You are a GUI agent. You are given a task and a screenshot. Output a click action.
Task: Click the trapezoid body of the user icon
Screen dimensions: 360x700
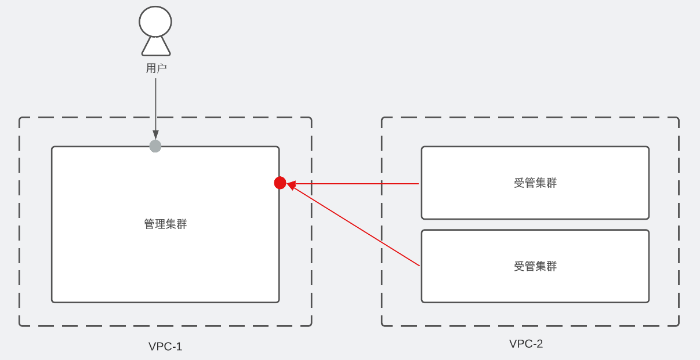(155, 46)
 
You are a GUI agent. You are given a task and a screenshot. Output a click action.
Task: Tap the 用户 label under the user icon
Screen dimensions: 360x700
(156, 68)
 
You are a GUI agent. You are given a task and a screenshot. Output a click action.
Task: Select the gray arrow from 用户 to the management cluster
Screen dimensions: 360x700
(155, 104)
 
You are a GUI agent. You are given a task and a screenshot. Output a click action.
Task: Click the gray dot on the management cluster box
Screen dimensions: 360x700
(155, 146)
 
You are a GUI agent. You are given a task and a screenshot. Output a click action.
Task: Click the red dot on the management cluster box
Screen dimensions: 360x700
(280, 183)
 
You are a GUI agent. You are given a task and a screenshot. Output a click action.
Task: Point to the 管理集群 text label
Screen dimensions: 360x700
(165, 224)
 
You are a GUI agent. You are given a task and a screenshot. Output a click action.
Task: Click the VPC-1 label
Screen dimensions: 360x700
(165, 347)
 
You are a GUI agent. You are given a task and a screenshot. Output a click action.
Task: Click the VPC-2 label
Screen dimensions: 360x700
(526, 344)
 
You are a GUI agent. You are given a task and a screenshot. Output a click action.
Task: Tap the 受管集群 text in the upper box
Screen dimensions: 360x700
(535, 183)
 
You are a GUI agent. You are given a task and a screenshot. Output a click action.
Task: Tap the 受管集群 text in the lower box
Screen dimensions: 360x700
(535, 267)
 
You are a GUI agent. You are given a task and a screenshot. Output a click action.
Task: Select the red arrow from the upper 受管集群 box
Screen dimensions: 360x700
(360, 184)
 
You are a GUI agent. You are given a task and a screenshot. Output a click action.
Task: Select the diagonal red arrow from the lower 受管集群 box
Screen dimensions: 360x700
(360, 228)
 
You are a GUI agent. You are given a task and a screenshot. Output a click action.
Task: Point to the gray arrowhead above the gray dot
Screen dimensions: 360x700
(155, 135)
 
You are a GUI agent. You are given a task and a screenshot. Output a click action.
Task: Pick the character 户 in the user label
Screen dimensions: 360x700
(162, 68)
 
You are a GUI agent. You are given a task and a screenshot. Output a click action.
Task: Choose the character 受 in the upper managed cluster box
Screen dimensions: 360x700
(518, 183)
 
